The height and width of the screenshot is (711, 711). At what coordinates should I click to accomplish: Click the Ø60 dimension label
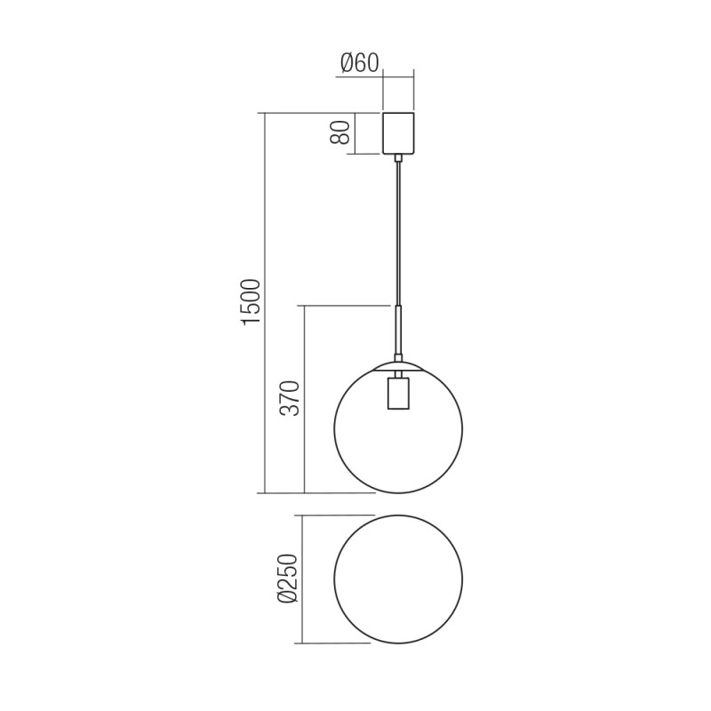[359, 62]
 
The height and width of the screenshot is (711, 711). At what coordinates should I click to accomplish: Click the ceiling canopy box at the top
[398, 133]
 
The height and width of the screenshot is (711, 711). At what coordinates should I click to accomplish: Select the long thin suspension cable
[398, 231]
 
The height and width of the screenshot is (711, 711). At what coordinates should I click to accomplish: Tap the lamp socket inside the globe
[398, 393]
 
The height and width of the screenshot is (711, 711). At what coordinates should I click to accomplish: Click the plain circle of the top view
[398, 579]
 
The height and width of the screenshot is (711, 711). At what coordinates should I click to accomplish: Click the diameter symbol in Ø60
[347, 62]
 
